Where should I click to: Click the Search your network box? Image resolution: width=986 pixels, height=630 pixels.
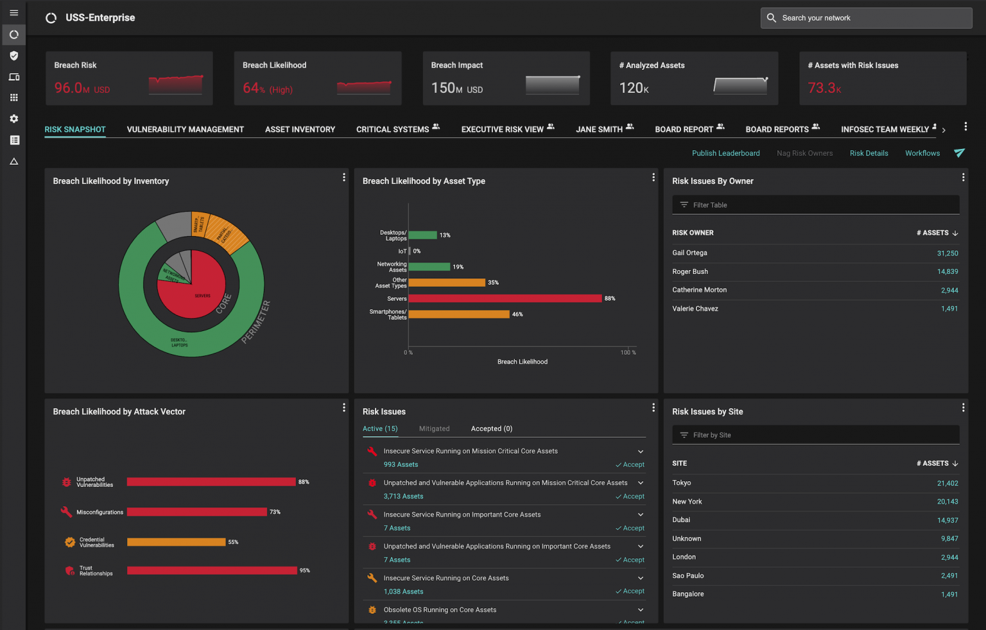[x=866, y=18]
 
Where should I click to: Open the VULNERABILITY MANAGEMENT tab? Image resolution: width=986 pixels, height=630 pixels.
[x=185, y=130]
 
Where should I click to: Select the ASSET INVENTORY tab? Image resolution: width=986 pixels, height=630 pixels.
[x=300, y=130]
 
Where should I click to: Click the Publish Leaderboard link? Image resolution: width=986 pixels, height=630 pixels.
[x=725, y=153]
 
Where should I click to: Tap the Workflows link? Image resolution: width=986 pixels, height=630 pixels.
[x=922, y=153]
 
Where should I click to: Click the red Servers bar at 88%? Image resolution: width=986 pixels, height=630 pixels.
[x=505, y=298]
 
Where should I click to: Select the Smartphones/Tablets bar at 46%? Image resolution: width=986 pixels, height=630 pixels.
[x=459, y=314]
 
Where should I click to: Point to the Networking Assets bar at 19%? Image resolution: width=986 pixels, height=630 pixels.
[x=429, y=267]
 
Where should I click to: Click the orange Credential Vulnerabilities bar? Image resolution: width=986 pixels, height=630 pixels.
[x=176, y=542]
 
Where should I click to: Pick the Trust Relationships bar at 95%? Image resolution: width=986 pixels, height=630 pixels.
[x=212, y=570]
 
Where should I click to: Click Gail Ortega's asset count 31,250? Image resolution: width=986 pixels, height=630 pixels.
[x=947, y=253]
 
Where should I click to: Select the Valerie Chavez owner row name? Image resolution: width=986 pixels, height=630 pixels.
[x=695, y=309]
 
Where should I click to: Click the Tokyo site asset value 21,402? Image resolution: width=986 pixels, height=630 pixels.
[x=947, y=484]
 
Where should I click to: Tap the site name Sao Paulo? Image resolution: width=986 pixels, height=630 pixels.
[x=688, y=576]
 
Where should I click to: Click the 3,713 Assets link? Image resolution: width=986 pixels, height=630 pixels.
[x=403, y=497]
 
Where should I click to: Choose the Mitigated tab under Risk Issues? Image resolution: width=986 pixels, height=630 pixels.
[x=434, y=429]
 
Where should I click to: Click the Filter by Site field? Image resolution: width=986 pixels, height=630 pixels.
[x=815, y=435]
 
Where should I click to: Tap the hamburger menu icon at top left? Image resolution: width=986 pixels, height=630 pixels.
[x=13, y=13]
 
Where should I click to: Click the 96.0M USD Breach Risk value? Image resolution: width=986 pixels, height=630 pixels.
[x=82, y=89]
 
